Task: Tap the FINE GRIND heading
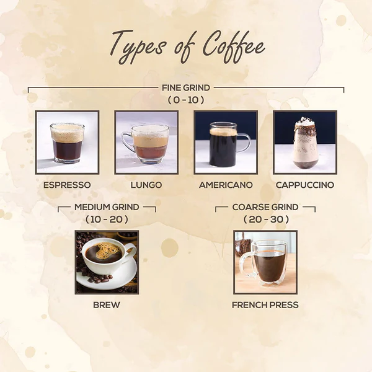[186, 88]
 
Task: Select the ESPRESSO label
[67, 185]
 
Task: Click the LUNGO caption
[146, 185]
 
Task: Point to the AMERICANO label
[226, 185]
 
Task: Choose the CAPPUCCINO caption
[305, 185]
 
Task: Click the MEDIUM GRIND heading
[107, 207]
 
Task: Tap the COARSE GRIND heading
[265, 207]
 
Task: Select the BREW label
[107, 305]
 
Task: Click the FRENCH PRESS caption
[265, 305]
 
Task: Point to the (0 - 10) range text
[186, 100]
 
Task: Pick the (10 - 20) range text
[107, 219]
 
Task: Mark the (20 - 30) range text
[266, 219]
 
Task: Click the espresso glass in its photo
[67, 143]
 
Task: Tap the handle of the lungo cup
[127, 143]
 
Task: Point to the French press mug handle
[246, 264]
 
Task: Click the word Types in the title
[137, 46]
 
